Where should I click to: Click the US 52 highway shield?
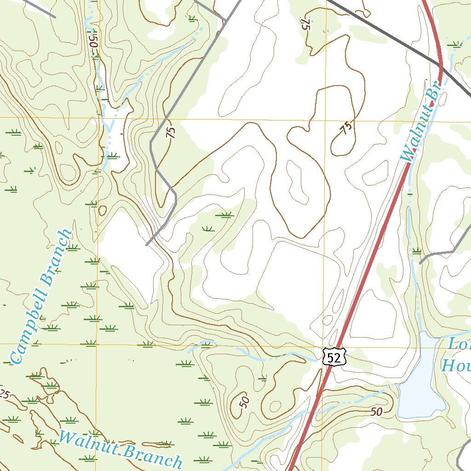[333, 356]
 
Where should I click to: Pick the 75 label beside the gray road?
[171, 133]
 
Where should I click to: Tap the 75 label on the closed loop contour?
[347, 127]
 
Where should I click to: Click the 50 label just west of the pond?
[376, 412]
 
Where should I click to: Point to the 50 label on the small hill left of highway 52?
[244, 402]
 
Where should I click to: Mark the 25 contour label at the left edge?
[4, 394]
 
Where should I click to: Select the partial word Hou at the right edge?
[455, 365]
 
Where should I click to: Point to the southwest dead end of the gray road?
[147, 245]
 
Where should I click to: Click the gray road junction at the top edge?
[225, 20]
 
